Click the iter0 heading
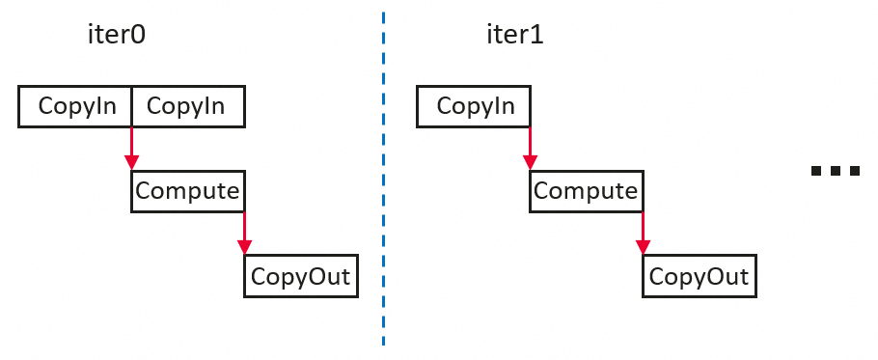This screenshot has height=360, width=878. click(x=117, y=36)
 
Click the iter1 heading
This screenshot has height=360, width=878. click(x=514, y=36)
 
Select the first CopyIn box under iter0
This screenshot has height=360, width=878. click(x=75, y=106)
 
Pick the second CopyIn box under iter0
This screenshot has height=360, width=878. click(x=188, y=106)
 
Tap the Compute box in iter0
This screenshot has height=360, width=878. click(x=188, y=191)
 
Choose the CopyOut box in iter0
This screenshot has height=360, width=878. click(x=301, y=276)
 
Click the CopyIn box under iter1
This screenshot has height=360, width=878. click(x=474, y=106)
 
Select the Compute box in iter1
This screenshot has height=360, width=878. click(x=587, y=191)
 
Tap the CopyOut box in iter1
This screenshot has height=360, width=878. click(x=700, y=276)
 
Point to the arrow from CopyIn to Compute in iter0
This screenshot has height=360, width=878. click(x=131, y=149)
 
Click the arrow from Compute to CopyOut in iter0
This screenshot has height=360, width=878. click(x=245, y=234)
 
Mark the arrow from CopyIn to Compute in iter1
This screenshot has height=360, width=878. click(x=531, y=149)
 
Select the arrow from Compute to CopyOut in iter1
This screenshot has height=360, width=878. click(x=643, y=234)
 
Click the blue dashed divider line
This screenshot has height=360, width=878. click(x=384, y=180)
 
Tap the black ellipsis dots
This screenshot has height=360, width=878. click(x=836, y=171)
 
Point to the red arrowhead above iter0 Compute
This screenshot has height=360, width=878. click(x=131, y=162)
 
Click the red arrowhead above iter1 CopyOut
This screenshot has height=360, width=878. click(x=643, y=247)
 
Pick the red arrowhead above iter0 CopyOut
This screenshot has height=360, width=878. click(x=245, y=247)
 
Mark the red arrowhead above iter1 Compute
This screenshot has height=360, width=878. click(x=531, y=162)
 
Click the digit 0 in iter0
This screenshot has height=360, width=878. click(x=138, y=36)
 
